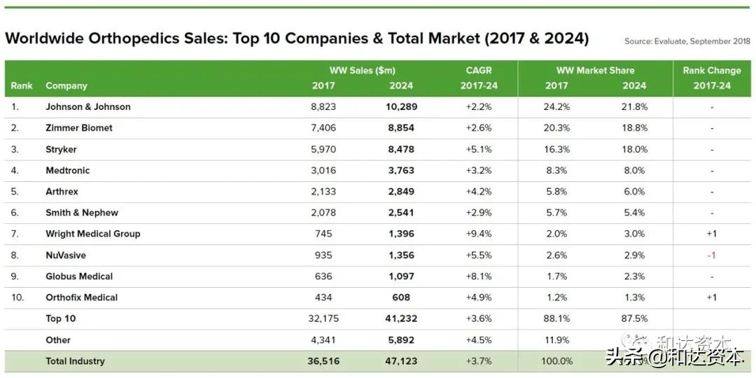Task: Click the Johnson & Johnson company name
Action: coord(88,107)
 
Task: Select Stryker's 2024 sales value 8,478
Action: coord(401,149)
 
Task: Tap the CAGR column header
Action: coord(479,71)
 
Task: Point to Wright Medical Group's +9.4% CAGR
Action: coord(479,234)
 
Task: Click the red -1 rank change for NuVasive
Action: coord(711,255)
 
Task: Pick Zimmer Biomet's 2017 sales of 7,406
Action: coord(323,128)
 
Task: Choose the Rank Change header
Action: coord(711,71)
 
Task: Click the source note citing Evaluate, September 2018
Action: coord(687,41)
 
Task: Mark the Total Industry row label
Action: coord(75,361)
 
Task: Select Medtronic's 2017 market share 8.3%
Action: coord(556,170)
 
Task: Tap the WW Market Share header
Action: coord(595,71)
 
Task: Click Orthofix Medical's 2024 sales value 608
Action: coord(401,297)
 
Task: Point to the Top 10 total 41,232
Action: coord(401,318)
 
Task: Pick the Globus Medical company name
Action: coord(79,276)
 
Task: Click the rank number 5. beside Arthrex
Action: coord(15,191)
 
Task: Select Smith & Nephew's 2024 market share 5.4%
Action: coord(634,213)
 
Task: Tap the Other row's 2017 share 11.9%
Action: coord(556,340)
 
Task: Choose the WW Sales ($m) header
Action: coord(362,71)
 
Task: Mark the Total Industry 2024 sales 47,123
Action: coord(401,361)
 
